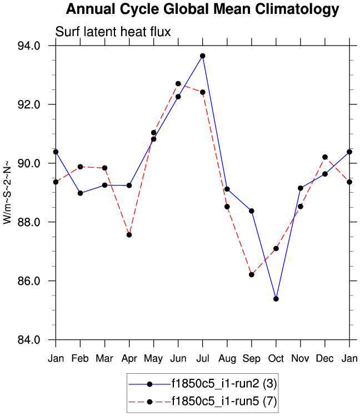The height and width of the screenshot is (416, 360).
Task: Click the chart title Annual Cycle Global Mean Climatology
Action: click(202, 9)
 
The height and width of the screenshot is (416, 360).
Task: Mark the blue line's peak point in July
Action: click(203, 56)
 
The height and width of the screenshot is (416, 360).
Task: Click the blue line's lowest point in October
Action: click(276, 299)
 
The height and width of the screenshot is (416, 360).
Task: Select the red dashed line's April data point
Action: click(129, 235)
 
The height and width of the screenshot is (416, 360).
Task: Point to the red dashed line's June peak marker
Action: click(178, 84)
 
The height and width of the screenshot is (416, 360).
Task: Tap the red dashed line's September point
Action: click(252, 274)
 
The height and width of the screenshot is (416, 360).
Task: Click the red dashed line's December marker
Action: click(325, 157)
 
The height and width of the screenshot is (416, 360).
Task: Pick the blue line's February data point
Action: click(80, 193)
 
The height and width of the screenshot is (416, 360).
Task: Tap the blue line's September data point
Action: click(252, 211)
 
